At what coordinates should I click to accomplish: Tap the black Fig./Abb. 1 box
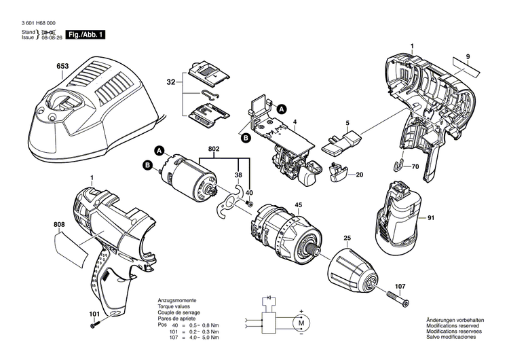pos(86,33)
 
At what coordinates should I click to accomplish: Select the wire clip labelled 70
pos(401,163)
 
